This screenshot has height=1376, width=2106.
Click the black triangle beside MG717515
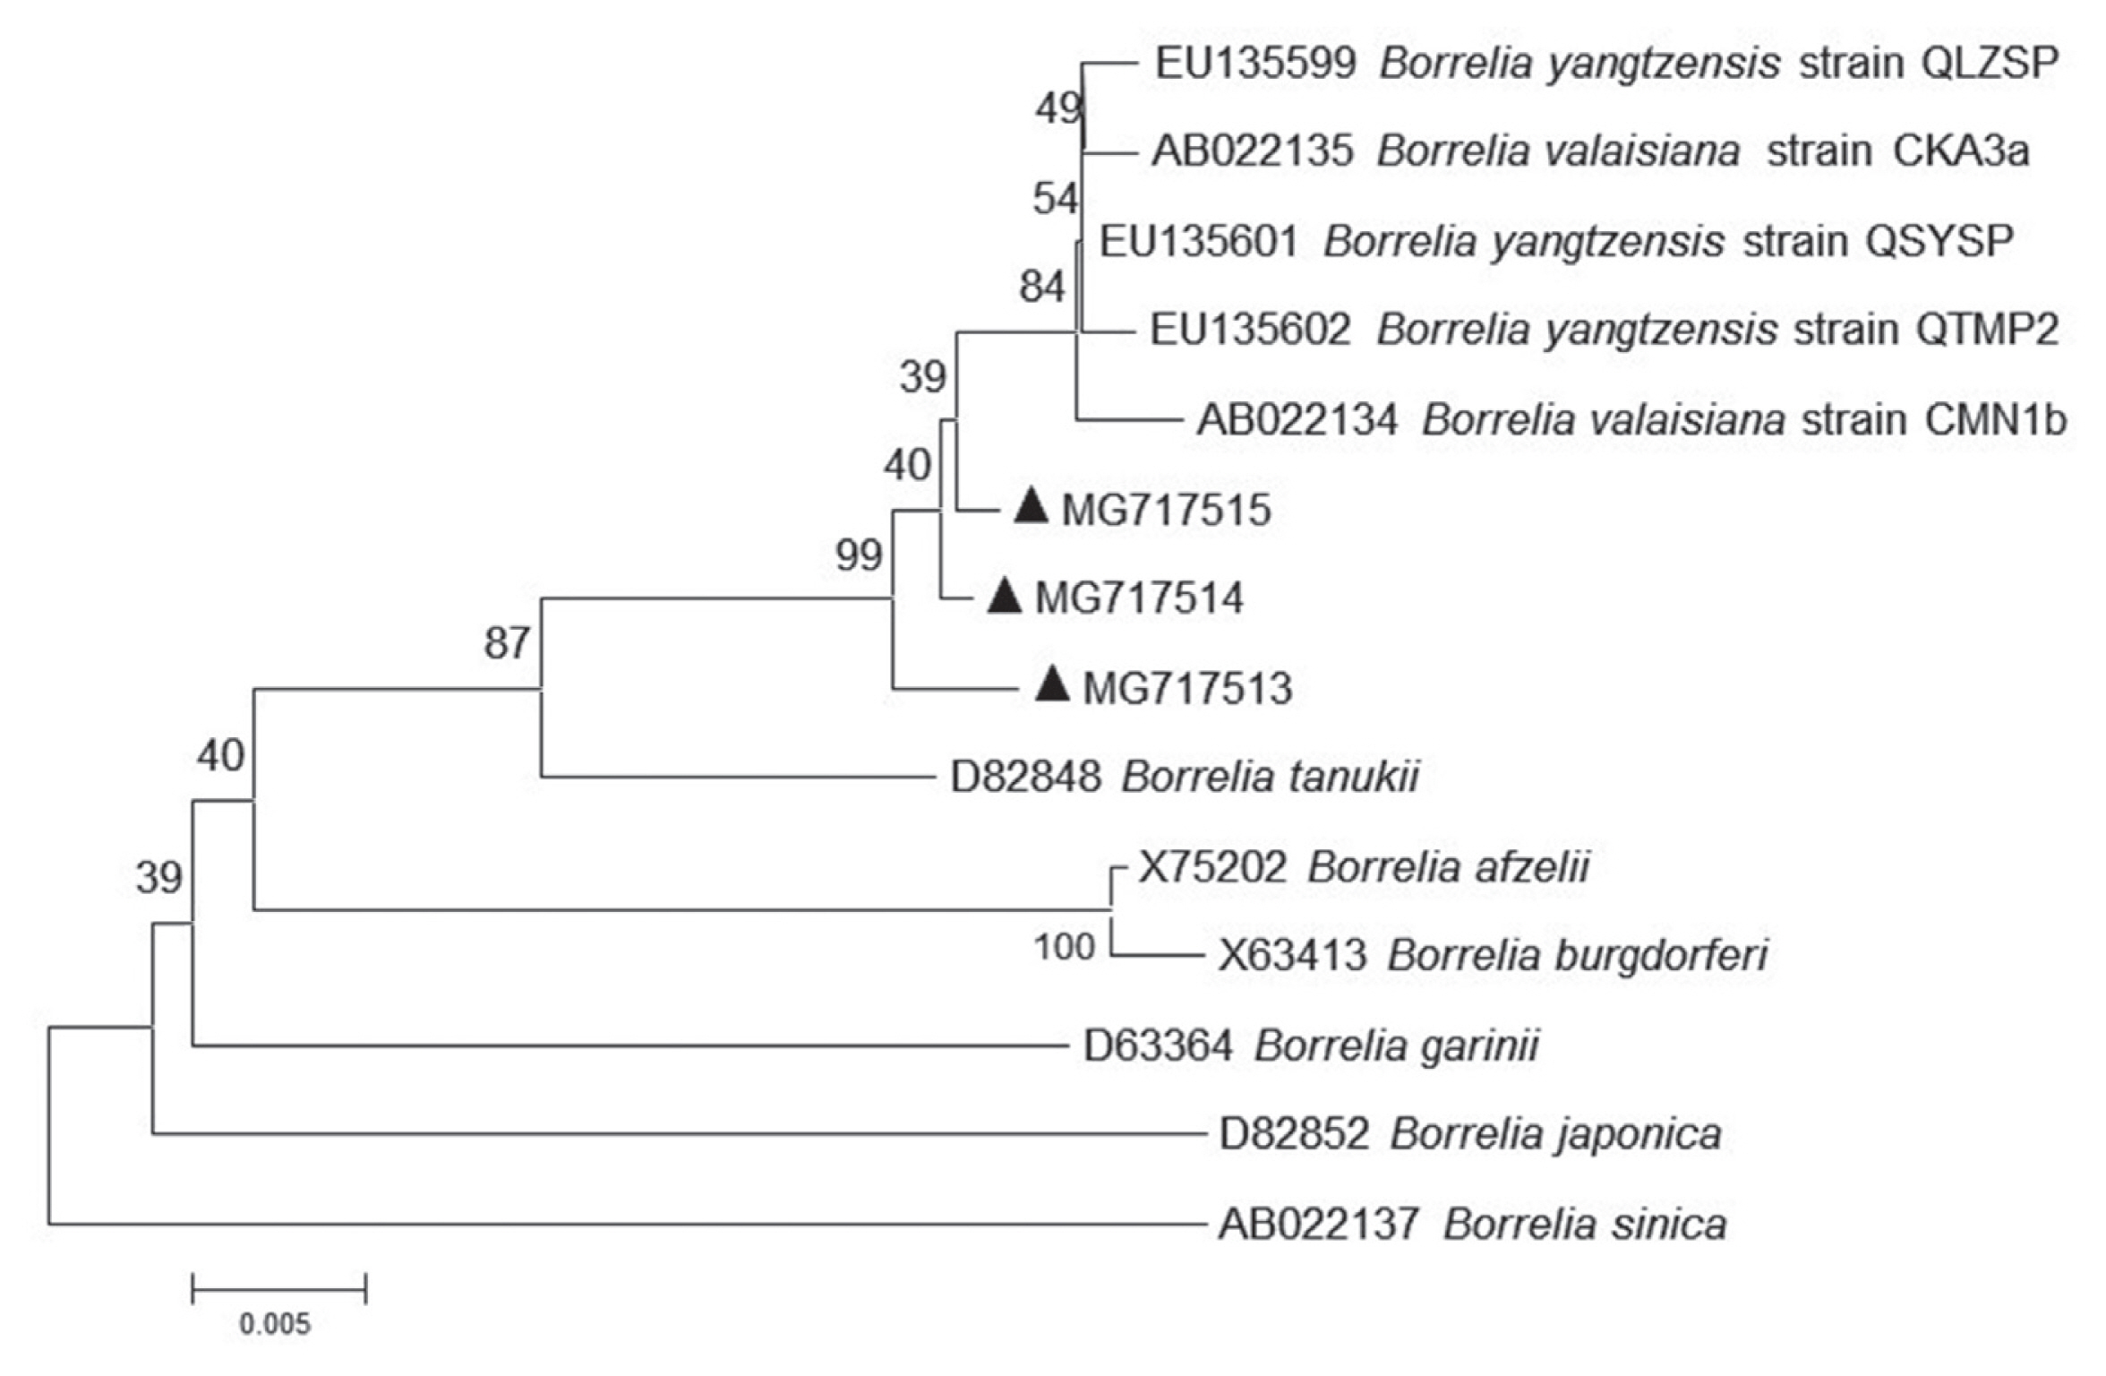point(1031,507)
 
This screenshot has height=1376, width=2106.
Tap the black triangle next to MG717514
point(1004,597)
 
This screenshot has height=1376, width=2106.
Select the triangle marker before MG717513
point(1052,686)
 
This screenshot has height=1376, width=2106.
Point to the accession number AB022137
point(1318,1224)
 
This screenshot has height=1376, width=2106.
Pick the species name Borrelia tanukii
point(1270,777)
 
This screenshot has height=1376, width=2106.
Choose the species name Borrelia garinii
point(1396,1045)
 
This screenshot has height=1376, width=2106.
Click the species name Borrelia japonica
point(1555,1134)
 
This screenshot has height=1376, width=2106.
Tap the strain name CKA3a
point(1961,151)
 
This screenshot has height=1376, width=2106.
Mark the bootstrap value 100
point(1064,947)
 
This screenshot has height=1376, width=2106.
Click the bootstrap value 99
point(859,555)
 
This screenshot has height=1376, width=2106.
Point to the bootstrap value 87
point(507,643)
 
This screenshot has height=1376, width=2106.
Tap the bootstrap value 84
point(1041,288)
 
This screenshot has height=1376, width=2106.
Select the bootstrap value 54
point(1055,199)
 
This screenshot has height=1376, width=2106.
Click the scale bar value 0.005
point(275,1324)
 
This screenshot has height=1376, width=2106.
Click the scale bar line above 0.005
point(278,1291)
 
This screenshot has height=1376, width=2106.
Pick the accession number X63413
point(1292,956)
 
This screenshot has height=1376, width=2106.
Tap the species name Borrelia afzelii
point(1448,867)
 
